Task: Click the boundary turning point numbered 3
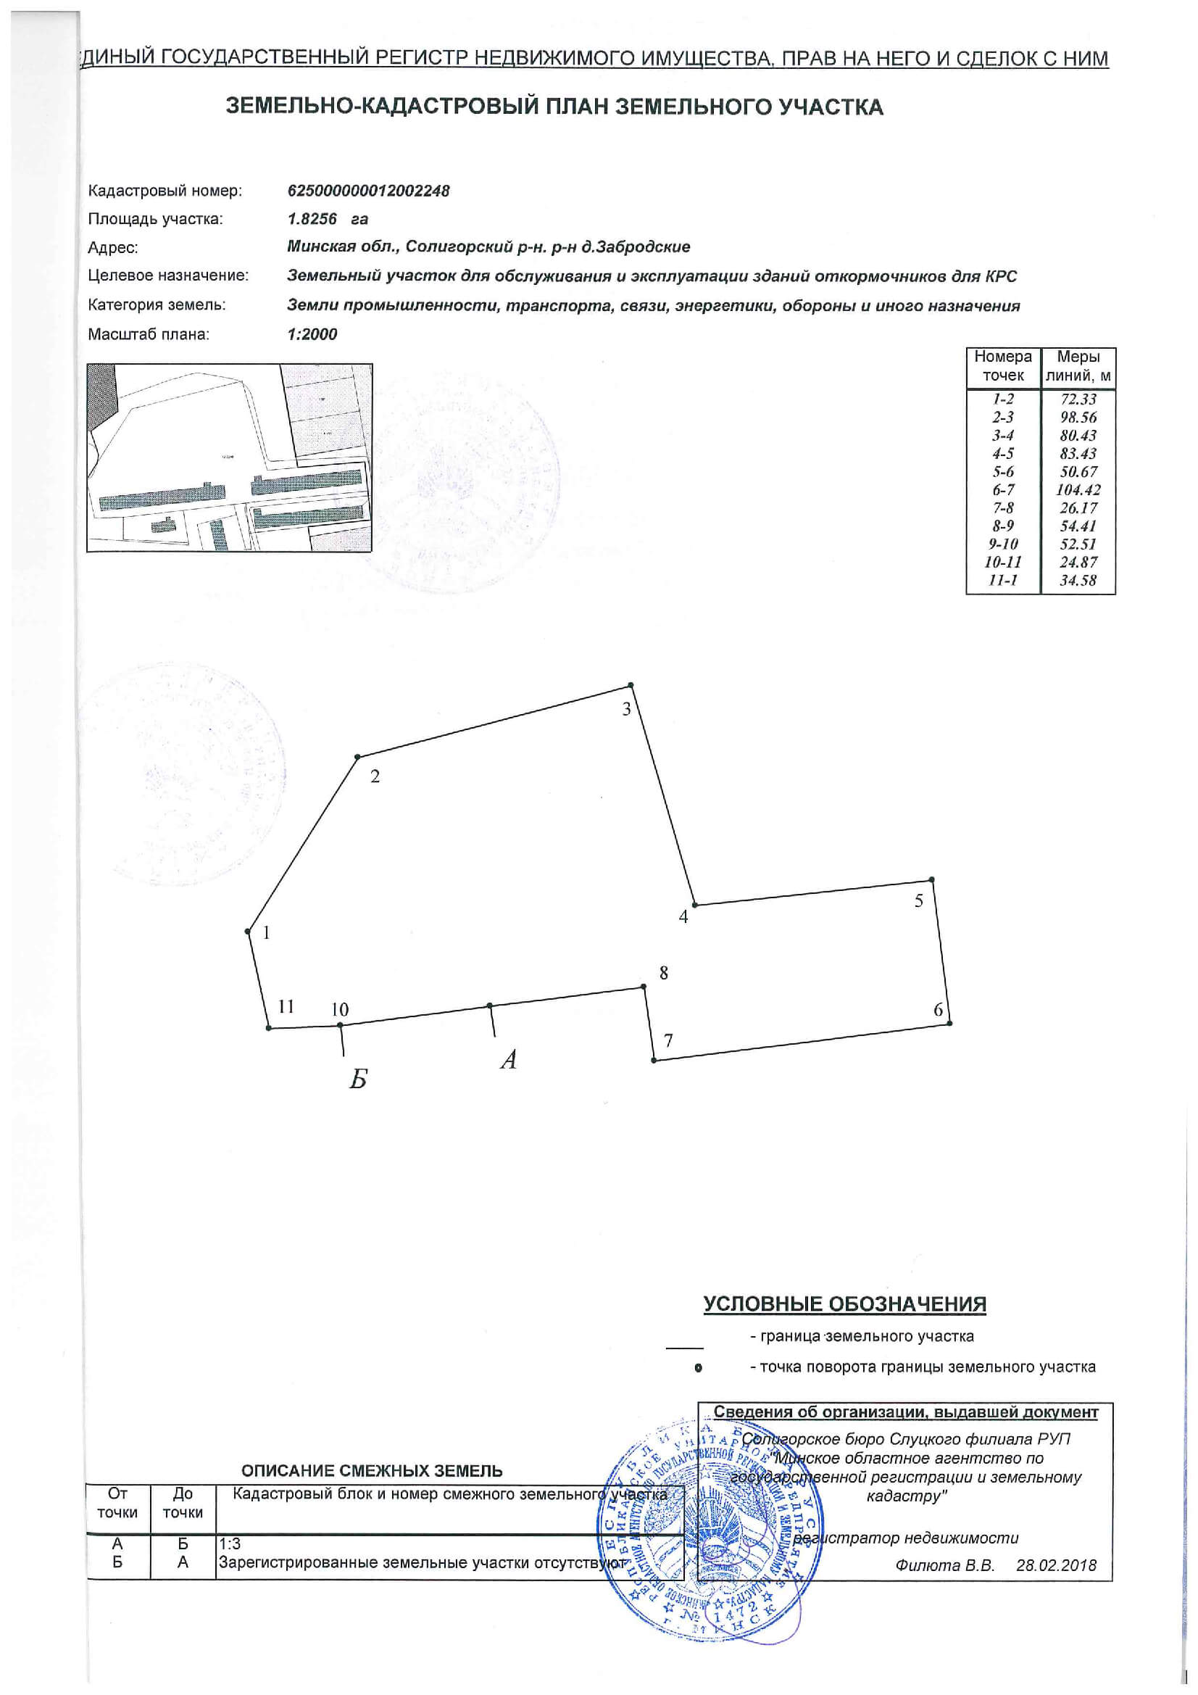630,685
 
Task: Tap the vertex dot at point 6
949,1023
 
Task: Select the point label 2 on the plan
375,776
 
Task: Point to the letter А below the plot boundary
508,1060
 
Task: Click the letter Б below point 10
358,1080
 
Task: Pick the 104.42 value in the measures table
1078,489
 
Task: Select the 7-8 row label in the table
1003,508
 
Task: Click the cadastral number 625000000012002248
368,191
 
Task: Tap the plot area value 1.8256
312,219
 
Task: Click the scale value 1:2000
312,334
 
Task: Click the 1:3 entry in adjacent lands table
230,1544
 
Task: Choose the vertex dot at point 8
644,986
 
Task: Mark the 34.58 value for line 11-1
1078,580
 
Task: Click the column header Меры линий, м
1078,367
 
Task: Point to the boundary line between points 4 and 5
812,892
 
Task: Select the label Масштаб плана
149,334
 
